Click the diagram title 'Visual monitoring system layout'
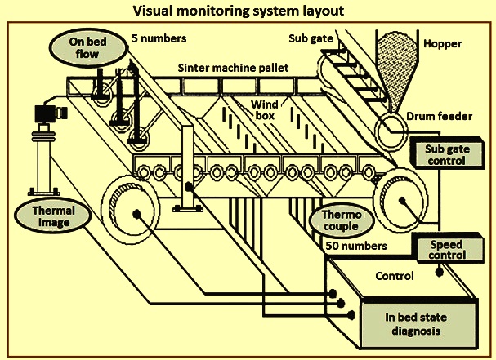coord(238,11)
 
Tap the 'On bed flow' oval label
coord(89,47)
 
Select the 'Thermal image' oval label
coord(53,216)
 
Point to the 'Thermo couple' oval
coord(342,220)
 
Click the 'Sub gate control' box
coord(447,154)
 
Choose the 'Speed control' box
coord(449,249)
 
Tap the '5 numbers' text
coord(159,38)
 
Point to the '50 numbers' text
coord(356,246)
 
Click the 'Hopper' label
coord(443,43)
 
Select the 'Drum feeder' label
coord(439,116)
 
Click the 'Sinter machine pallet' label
coord(233,68)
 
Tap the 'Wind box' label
coord(265,110)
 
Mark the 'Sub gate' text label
coord(311,38)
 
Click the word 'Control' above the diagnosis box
coord(395,276)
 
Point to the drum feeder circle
coord(391,130)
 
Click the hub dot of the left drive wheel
coord(136,215)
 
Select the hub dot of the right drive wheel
coord(402,200)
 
